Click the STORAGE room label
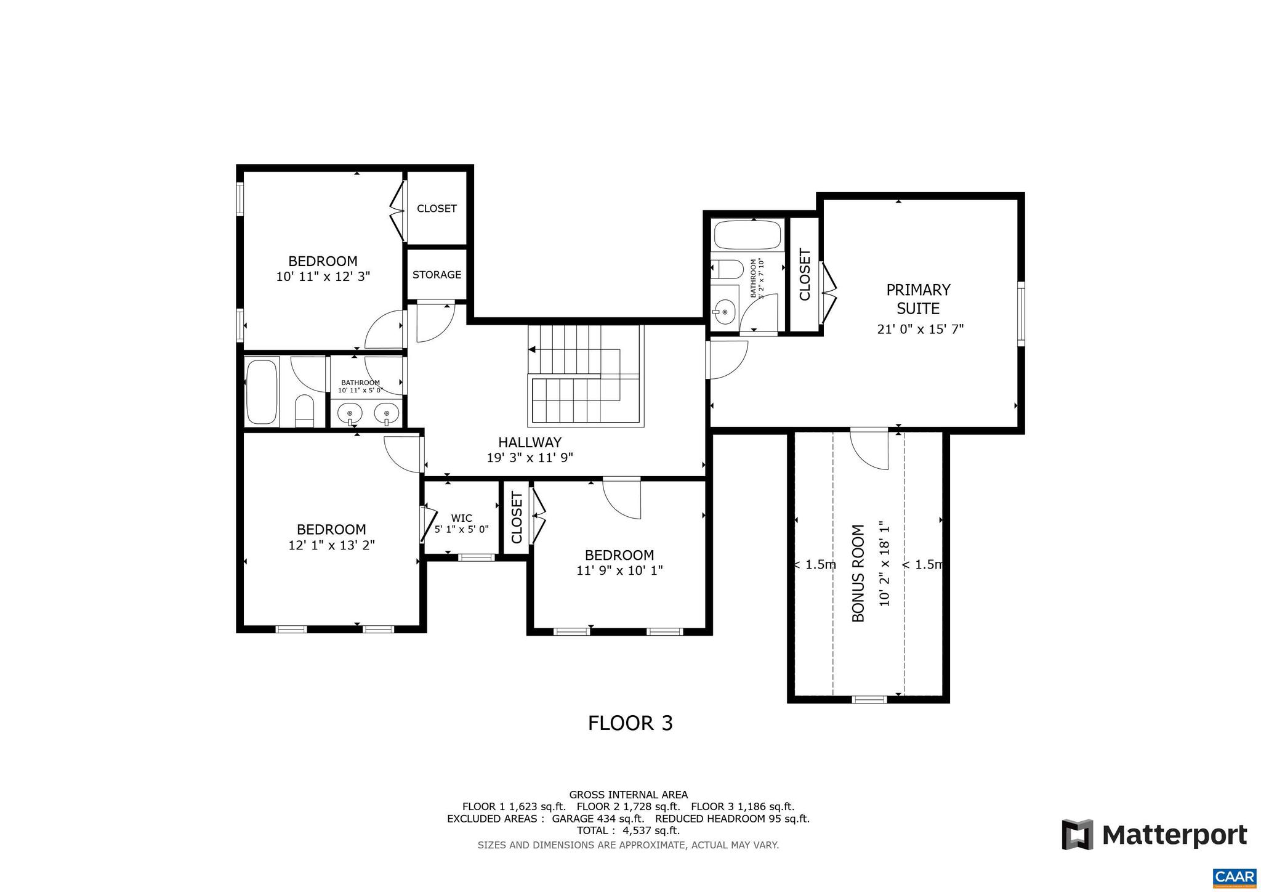tap(437, 275)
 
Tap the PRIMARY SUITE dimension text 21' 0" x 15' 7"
tap(920, 329)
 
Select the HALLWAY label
tap(530, 442)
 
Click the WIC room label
tap(461, 518)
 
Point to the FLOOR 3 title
tap(630, 723)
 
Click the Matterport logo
tap(1154, 835)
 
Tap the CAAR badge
tap(1234, 877)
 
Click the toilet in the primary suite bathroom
tap(725, 269)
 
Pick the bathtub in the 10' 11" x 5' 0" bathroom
tap(262, 391)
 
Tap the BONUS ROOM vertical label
tap(858, 573)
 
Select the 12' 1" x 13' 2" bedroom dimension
tap(331, 545)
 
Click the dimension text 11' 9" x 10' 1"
tap(619, 571)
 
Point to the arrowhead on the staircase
tap(532, 350)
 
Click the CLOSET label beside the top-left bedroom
tap(437, 209)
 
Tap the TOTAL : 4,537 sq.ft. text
tap(628, 830)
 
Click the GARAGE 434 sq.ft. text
tap(597, 819)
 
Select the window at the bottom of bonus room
tap(869, 699)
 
